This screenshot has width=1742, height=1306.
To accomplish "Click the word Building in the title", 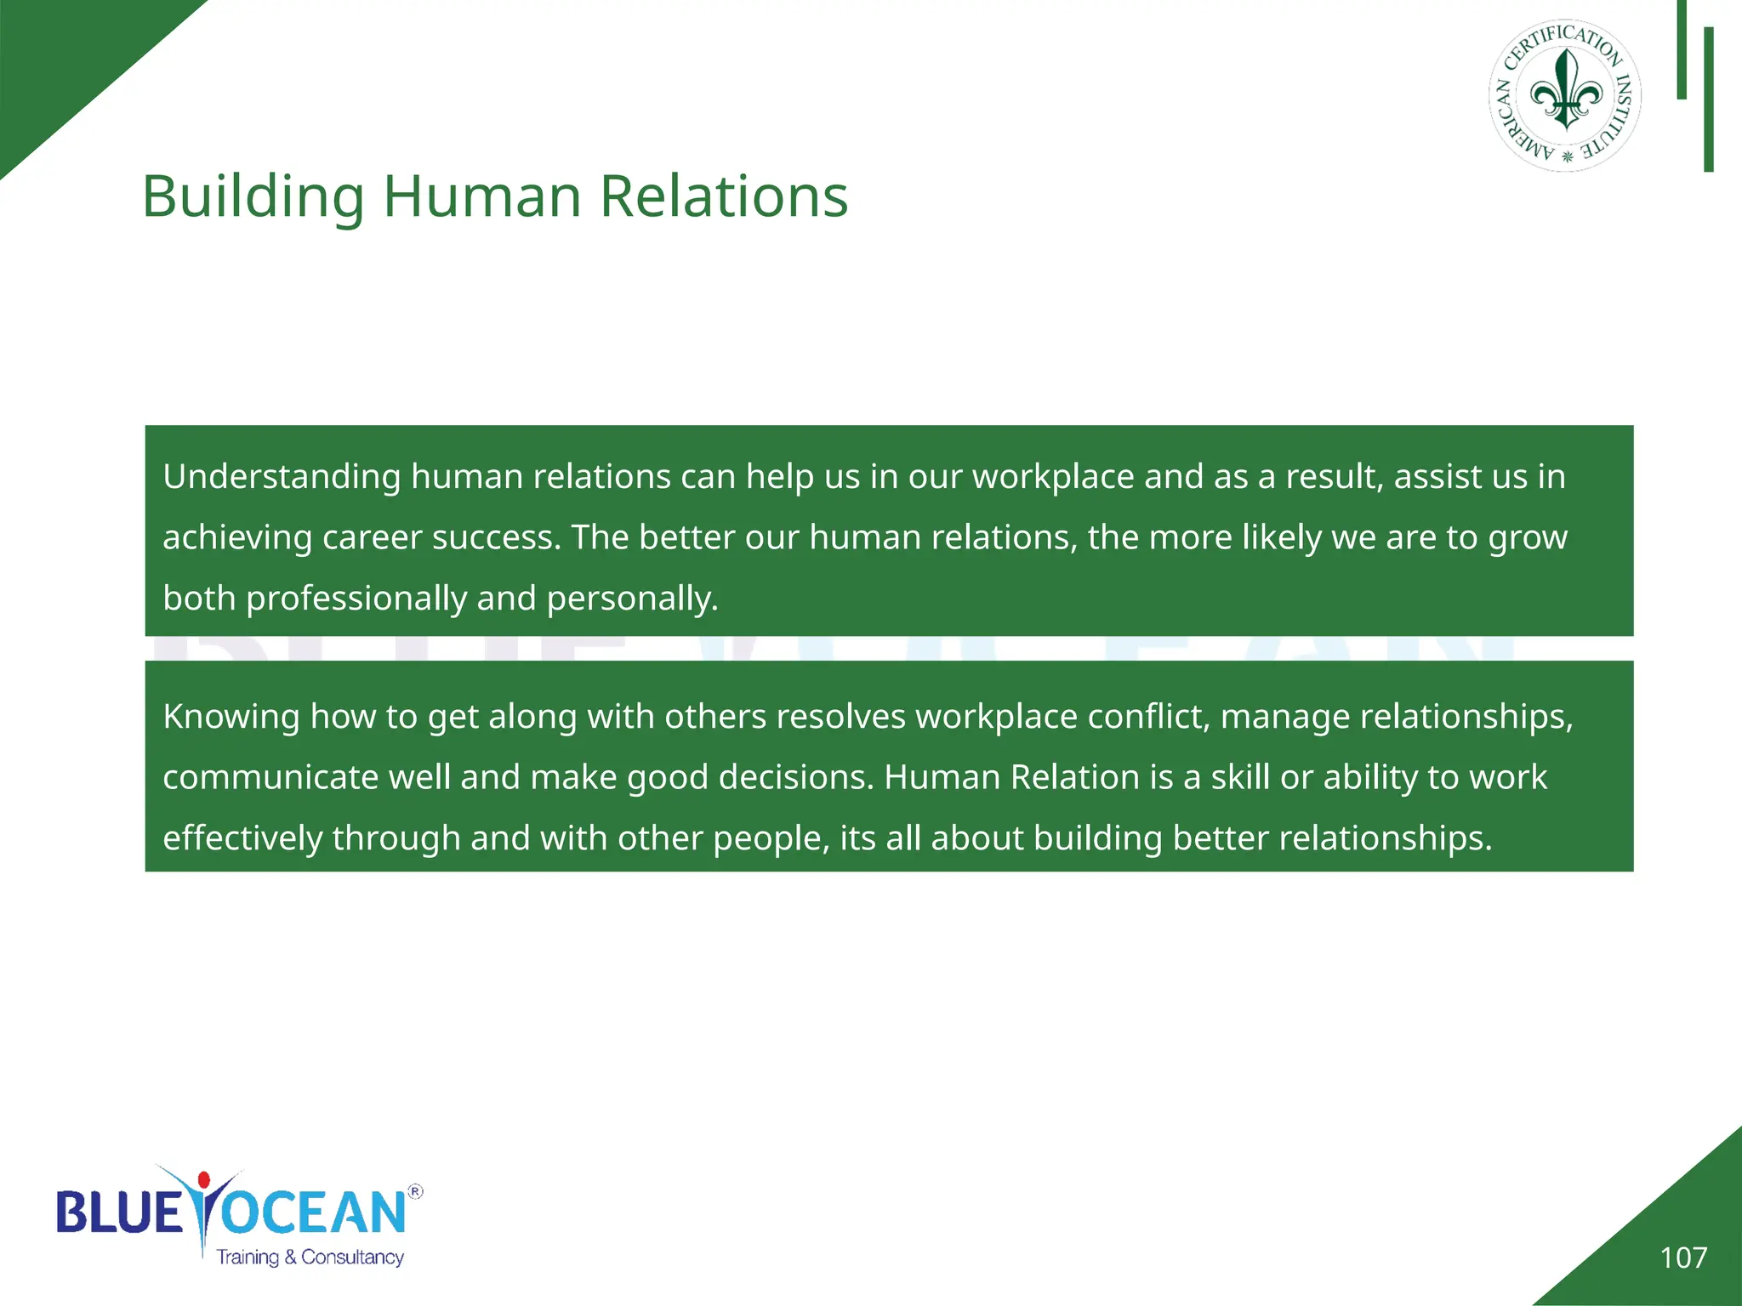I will (x=253, y=197).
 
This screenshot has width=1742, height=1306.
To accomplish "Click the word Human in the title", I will (x=482, y=197).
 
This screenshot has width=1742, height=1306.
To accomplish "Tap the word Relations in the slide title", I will (x=724, y=197).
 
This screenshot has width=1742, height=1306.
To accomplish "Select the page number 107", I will (x=1683, y=1258).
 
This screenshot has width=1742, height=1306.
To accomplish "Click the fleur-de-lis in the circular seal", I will (x=1566, y=92).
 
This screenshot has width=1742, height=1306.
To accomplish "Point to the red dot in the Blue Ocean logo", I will (x=203, y=1180).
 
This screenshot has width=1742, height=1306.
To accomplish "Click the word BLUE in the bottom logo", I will (x=119, y=1213).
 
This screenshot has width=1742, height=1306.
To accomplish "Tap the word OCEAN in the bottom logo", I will (x=313, y=1213).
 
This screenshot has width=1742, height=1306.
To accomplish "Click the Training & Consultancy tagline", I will (x=310, y=1258).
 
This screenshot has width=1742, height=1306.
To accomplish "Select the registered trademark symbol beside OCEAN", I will (x=415, y=1192).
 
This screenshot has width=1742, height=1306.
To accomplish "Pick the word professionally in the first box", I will (x=356, y=599).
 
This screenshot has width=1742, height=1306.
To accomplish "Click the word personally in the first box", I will (x=632, y=599).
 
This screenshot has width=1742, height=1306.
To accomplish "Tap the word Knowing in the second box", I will (x=231, y=717).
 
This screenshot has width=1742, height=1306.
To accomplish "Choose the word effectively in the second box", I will (x=242, y=838).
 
